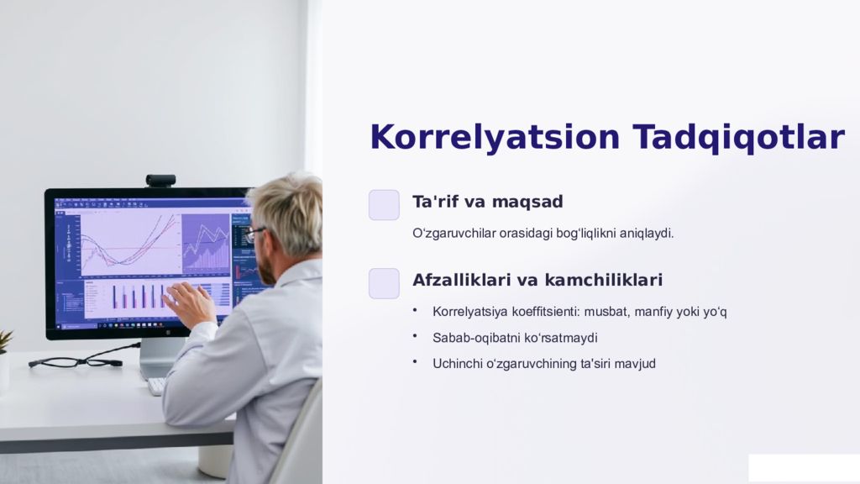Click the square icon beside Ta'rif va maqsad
(384, 204)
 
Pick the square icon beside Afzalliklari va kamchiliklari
(384, 283)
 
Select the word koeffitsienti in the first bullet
(545, 312)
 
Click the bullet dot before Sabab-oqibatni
(415, 336)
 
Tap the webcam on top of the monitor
(160, 180)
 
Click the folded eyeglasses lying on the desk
(76, 362)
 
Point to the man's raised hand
(190, 302)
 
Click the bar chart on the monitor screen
(134, 296)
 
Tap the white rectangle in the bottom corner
(803, 468)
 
